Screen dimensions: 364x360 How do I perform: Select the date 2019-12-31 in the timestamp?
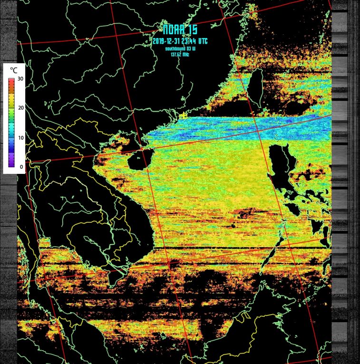click(165, 41)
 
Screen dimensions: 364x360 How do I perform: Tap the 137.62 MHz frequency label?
click(180, 54)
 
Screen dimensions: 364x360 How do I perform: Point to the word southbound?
click(175, 48)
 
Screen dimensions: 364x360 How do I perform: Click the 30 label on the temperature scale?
click(19, 79)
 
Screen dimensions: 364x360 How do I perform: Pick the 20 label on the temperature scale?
click(19, 108)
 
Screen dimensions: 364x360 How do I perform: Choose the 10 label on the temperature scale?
click(19, 138)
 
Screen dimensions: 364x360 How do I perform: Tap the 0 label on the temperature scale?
click(19, 167)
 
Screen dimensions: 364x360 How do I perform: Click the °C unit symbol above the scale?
click(13, 70)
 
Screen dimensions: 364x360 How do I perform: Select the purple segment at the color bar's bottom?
click(11, 163)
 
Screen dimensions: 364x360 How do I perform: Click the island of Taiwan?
click(257, 88)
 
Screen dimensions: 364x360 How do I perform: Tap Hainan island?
click(138, 160)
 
